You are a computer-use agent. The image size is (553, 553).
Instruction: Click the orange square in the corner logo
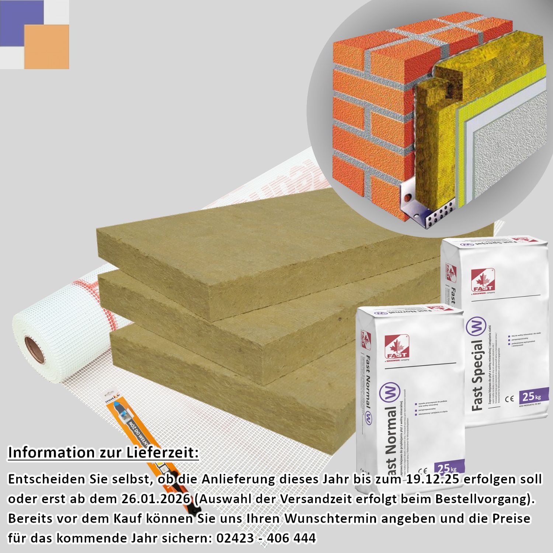pos(47,47)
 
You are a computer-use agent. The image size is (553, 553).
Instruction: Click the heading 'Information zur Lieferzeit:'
pos(103,453)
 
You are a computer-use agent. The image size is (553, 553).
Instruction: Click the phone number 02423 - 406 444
pos(266,538)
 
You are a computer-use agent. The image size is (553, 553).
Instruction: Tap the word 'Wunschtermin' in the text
pos(331,518)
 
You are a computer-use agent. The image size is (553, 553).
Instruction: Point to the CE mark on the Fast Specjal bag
pos(509,399)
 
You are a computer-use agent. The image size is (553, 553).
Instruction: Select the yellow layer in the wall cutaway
pos(461,122)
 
